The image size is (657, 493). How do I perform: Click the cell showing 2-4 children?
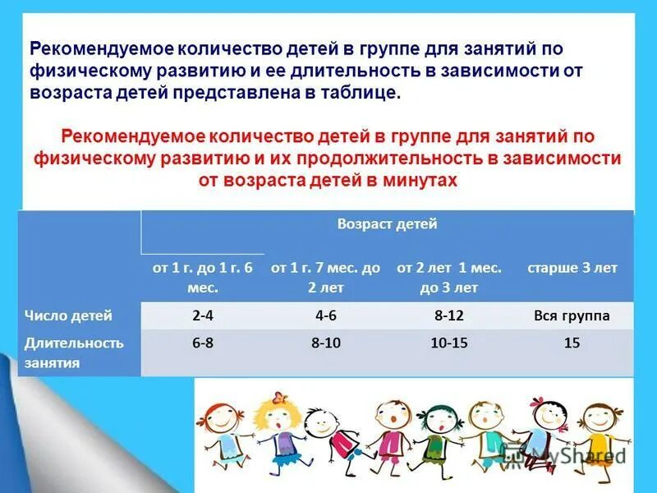click(202, 316)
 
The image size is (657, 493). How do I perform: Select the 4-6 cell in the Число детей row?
click(325, 316)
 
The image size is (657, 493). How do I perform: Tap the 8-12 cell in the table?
click(448, 316)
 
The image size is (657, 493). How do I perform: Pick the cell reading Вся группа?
click(572, 316)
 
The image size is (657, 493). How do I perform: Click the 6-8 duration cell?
click(202, 343)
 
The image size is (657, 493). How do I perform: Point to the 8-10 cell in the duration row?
click(325, 343)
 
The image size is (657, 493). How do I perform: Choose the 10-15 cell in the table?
click(448, 343)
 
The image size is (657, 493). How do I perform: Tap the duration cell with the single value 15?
click(572, 343)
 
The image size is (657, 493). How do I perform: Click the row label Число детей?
click(68, 316)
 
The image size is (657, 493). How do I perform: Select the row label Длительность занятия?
click(74, 352)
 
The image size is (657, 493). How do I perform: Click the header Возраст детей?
click(387, 223)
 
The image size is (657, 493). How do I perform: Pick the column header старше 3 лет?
click(572, 269)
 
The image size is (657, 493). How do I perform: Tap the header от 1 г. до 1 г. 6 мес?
click(202, 278)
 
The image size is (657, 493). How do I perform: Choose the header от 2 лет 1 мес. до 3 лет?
click(448, 278)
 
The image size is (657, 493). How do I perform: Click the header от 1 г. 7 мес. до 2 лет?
click(325, 278)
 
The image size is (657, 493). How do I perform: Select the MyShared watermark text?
click(567, 454)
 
